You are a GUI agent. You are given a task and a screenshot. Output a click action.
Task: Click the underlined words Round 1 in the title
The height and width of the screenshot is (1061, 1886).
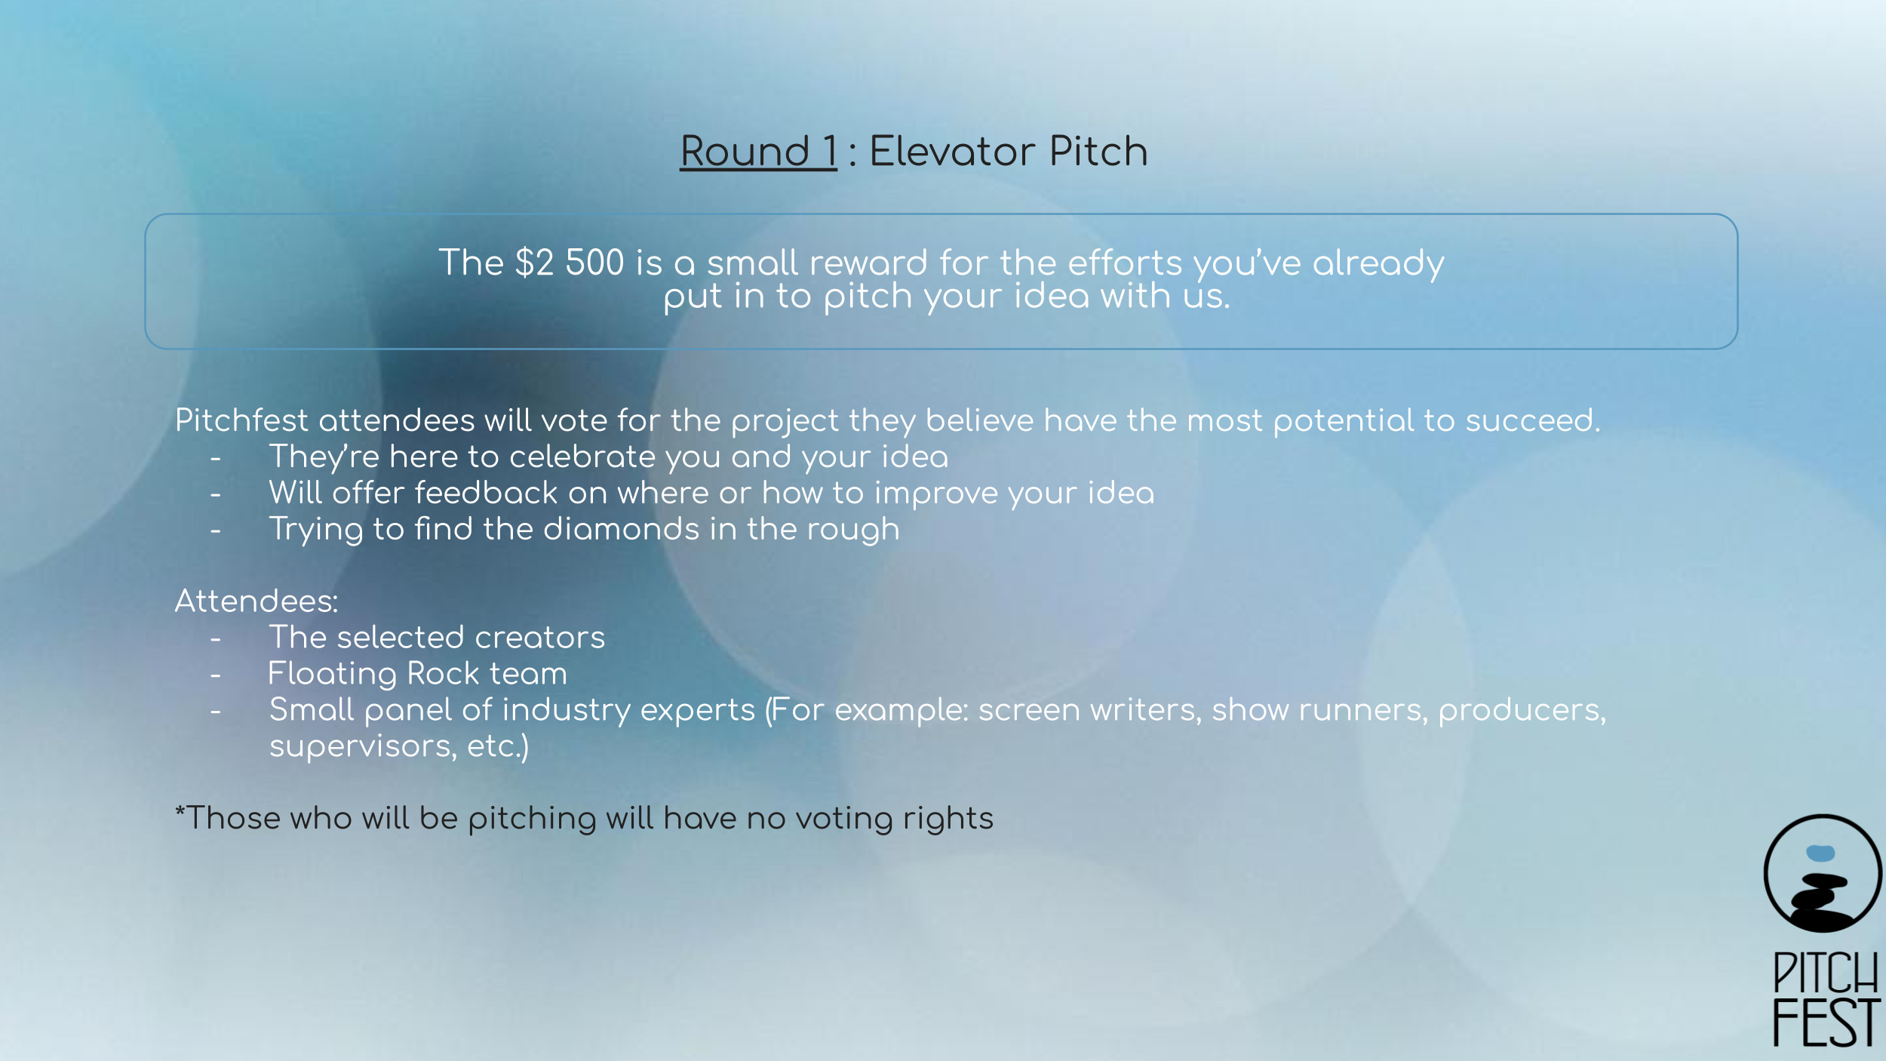tap(758, 151)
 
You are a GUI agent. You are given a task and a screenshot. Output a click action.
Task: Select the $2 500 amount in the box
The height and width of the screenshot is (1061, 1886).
tap(570, 263)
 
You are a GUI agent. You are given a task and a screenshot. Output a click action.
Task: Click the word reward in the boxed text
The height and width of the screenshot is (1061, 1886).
tap(868, 263)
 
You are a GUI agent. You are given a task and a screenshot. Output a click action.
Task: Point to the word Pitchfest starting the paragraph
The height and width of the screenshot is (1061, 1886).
tap(241, 420)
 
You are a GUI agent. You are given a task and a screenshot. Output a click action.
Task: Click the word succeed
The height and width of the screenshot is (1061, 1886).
tap(1532, 420)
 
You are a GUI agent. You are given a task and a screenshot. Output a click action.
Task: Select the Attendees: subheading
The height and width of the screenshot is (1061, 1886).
tap(256, 601)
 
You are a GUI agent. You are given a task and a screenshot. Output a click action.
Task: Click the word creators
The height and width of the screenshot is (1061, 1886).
tap(539, 638)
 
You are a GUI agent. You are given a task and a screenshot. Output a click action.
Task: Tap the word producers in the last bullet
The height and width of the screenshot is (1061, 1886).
tap(1522, 711)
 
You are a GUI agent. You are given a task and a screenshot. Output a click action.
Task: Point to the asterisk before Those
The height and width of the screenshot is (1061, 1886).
tap(180, 811)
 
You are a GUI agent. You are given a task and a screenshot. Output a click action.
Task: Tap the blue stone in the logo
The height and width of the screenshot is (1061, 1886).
tap(1820, 853)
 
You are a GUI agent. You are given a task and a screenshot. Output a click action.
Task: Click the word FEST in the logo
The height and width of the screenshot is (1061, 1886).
tap(1826, 1023)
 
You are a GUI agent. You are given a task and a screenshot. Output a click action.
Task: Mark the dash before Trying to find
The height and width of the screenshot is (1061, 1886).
tap(216, 530)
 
